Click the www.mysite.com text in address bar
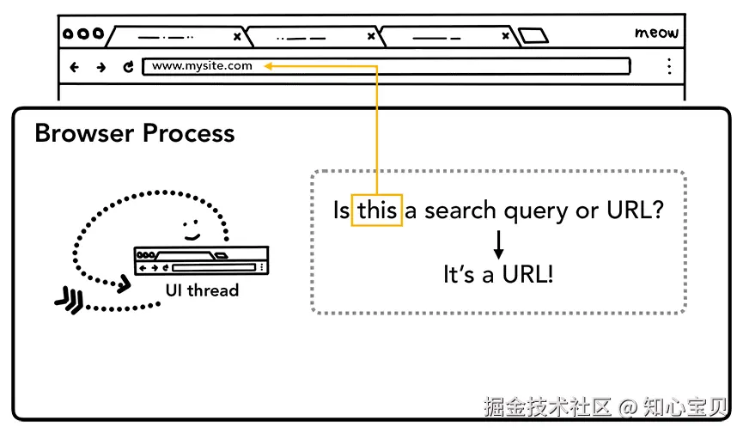point(203,65)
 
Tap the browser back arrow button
point(74,66)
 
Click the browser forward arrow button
point(100,66)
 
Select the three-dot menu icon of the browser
point(670,66)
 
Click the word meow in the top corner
point(656,34)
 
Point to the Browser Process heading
point(134,133)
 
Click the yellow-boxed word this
point(376,210)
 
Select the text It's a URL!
point(498,275)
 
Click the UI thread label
point(202,290)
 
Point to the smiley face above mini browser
point(191,230)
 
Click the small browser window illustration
point(201,260)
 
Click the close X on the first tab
point(237,37)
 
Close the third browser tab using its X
point(503,37)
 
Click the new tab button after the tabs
point(533,36)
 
